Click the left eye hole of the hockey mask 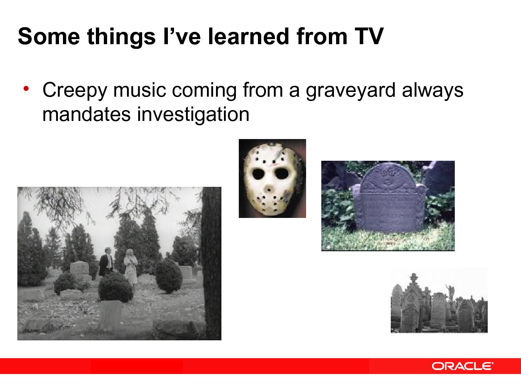click(259, 175)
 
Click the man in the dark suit click(106, 262)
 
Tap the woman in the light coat click(130, 268)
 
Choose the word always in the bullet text click(432, 91)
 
